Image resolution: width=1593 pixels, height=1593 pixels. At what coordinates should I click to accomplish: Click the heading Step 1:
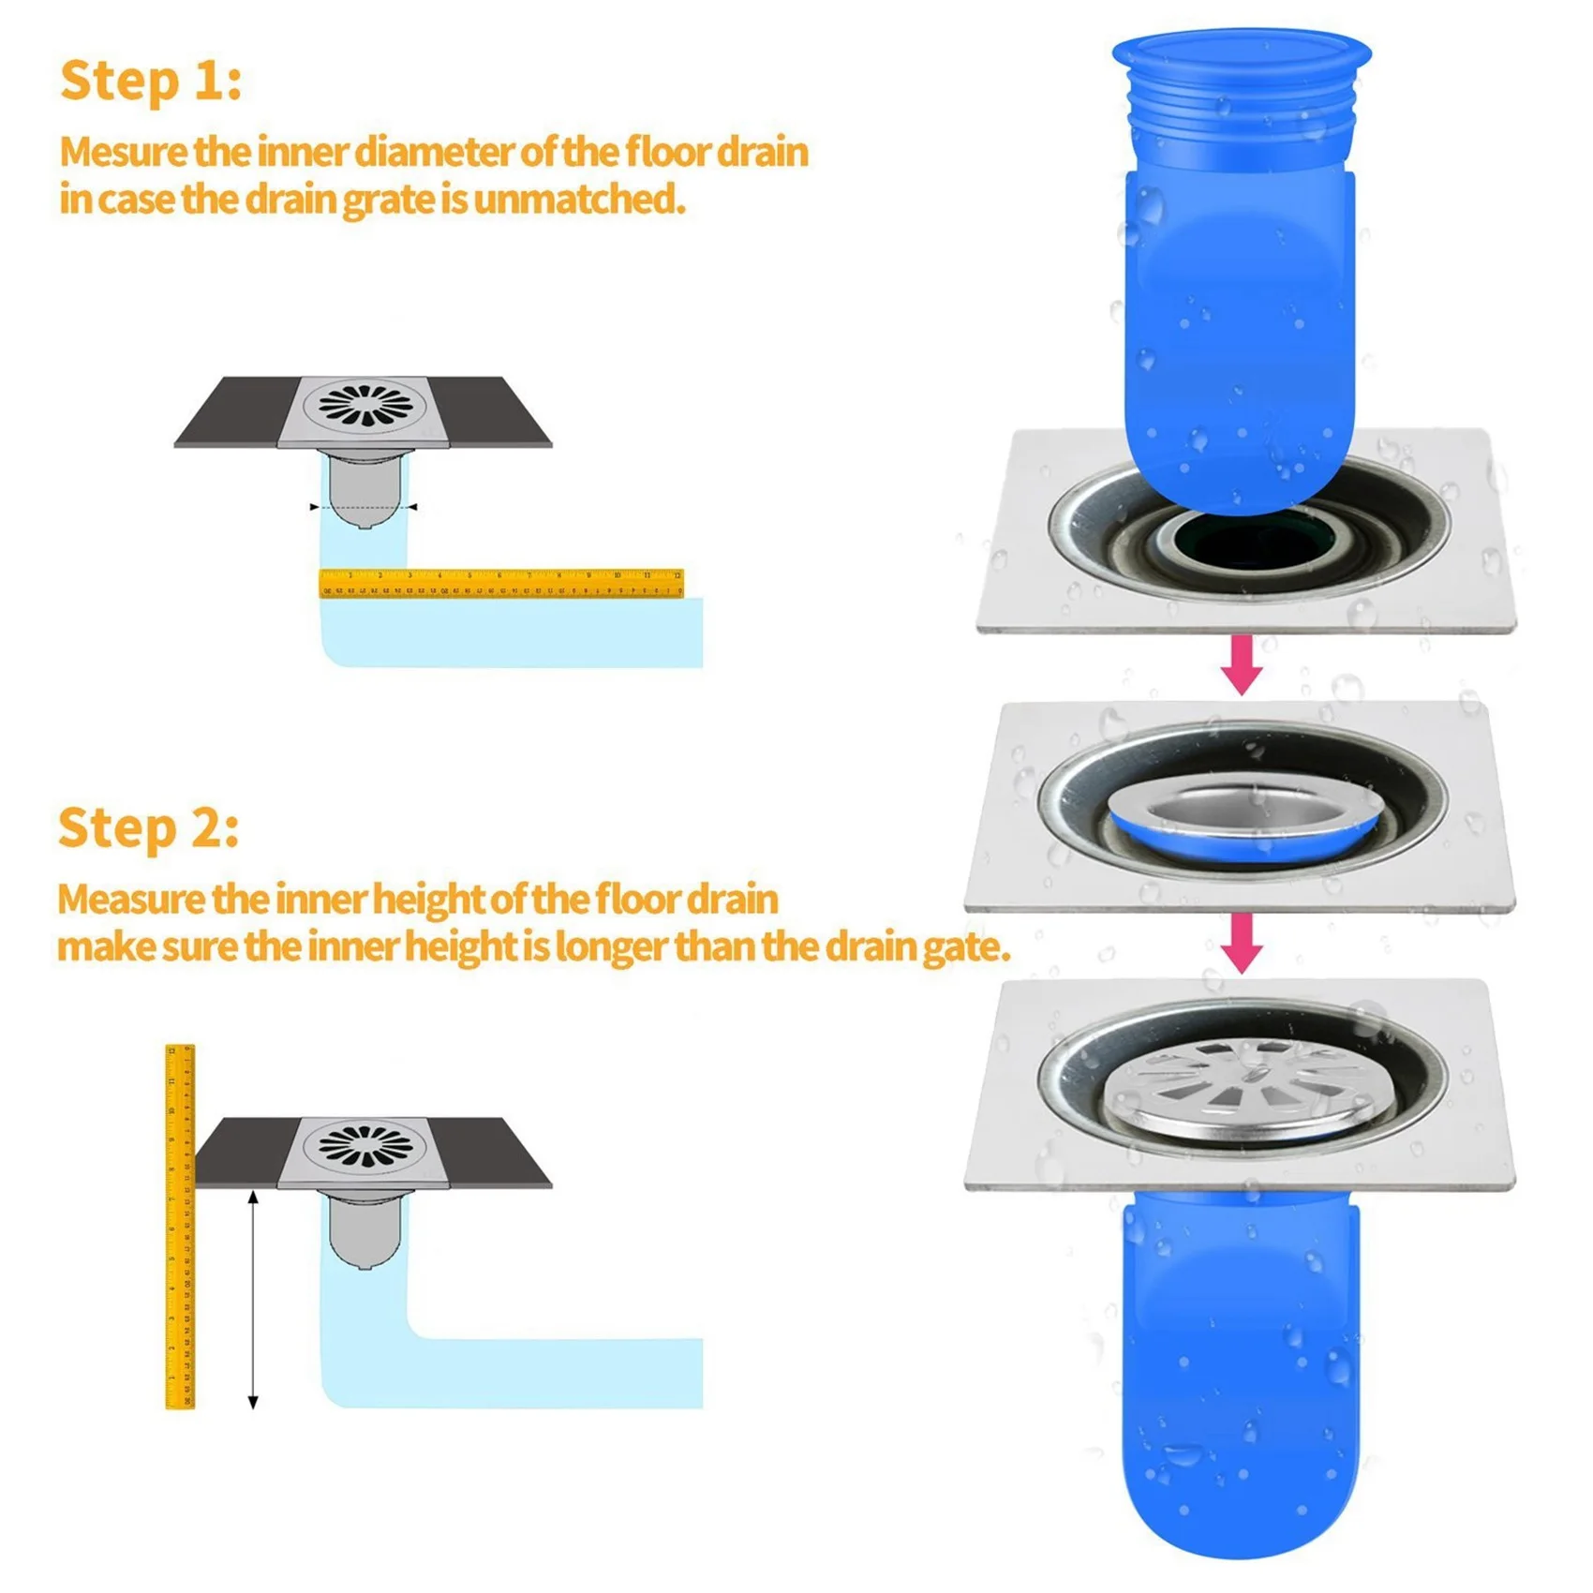click(150, 82)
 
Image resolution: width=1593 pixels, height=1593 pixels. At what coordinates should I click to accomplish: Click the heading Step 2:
click(148, 829)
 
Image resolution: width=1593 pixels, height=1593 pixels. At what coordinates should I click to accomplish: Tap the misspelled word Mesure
click(123, 153)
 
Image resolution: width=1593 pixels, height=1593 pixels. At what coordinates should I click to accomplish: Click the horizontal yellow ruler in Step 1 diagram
click(501, 583)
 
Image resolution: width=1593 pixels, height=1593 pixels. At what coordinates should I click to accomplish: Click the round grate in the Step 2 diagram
click(365, 1145)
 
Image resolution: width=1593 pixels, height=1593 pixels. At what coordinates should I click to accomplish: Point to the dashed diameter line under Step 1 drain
click(364, 507)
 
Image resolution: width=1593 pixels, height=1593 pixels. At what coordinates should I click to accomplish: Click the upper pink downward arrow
click(1242, 664)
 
